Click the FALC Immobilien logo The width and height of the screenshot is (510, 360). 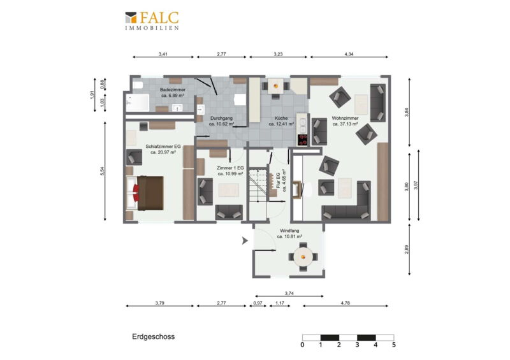point(152,21)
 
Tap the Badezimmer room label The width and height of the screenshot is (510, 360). point(173,92)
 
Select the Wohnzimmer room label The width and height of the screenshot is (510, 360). point(345,121)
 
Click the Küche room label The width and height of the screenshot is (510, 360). point(281,121)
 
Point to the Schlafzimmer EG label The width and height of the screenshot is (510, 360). point(163,149)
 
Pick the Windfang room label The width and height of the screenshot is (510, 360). point(289,233)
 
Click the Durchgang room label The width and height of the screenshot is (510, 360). point(221,121)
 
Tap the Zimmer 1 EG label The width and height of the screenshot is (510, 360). point(230,171)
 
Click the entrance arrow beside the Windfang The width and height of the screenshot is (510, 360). point(245,241)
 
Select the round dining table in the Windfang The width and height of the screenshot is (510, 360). point(303,257)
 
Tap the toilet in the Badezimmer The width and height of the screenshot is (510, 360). point(138,85)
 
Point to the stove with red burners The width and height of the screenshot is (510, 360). point(302,140)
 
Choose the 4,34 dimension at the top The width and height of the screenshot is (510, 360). point(349,54)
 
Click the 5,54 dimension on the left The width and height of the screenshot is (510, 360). point(103,171)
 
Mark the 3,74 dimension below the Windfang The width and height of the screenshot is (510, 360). point(289,293)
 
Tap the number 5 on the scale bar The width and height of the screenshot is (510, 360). point(394,345)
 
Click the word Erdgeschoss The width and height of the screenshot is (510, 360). point(153,336)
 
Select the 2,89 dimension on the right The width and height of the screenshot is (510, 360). point(406,249)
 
